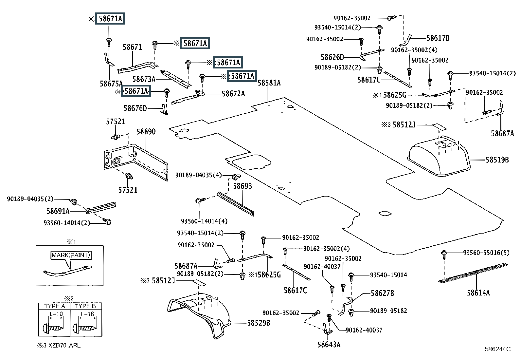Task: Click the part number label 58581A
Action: [269, 83]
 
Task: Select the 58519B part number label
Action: [497, 160]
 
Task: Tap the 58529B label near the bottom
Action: [259, 323]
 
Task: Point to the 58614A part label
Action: [478, 293]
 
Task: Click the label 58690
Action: [146, 132]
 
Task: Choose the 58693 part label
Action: [243, 186]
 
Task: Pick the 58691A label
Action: [58, 211]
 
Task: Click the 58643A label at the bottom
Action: [329, 344]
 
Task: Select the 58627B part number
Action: [382, 293]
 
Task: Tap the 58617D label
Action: [438, 38]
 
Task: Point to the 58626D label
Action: [332, 57]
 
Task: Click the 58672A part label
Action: [233, 94]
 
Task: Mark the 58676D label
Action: [135, 108]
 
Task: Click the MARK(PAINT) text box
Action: [71, 255]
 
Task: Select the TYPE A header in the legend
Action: [54, 306]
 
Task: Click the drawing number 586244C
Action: [498, 349]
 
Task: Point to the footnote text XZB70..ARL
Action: [62, 345]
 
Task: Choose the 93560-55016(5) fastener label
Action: [486, 253]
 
